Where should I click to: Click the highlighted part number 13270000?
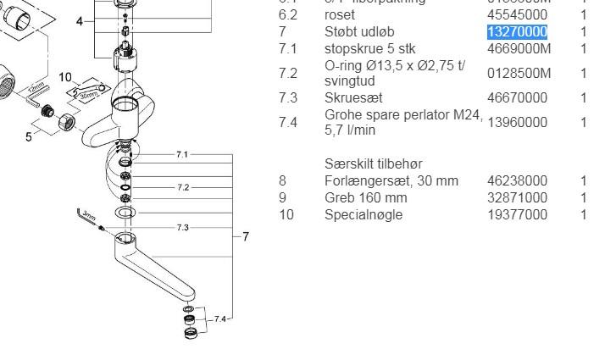tap(517, 32)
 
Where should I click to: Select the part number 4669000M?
tap(519, 49)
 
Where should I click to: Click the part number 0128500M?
tap(519, 74)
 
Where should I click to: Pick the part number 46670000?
tap(517, 98)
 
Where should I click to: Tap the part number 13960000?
tap(517, 122)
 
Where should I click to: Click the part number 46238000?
tap(517, 180)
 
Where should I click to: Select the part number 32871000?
tap(517, 197)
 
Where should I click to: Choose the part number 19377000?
tap(517, 214)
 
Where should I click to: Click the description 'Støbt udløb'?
tap(359, 32)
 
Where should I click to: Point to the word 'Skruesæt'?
tap(352, 98)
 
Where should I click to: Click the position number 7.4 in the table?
tap(288, 122)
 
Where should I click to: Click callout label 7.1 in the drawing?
tap(182, 154)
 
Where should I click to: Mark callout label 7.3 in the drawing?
tap(182, 228)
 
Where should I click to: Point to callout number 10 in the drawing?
tap(66, 78)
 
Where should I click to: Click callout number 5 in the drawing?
tap(29, 136)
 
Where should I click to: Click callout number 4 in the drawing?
tap(80, 21)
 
